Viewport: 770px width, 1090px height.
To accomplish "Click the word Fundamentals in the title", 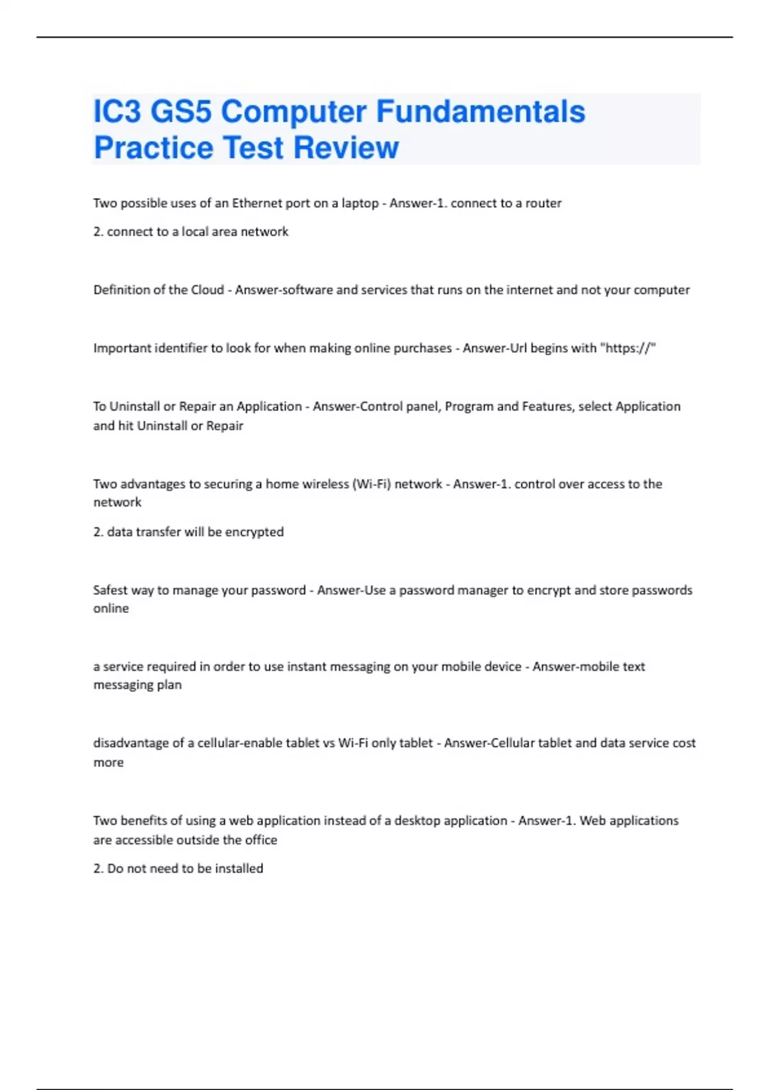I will click(480, 112).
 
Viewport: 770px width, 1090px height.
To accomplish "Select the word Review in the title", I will click(346, 147).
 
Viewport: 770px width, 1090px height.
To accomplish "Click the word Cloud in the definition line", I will click(207, 290).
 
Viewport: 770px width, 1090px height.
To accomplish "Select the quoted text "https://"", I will click(628, 348).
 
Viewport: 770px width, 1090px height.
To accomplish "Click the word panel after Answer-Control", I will click(422, 407).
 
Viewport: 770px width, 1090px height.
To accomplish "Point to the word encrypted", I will click(254, 532).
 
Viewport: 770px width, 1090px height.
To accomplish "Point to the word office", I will click(261, 840).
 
